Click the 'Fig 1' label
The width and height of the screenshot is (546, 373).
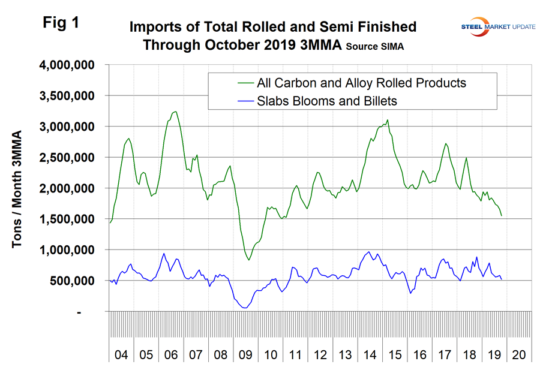[x=61, y=23]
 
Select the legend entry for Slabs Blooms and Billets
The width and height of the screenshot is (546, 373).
[x=326, y=101]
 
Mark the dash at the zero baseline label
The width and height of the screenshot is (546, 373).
[x=80, y=312]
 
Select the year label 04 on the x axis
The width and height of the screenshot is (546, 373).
[x=121, y=354]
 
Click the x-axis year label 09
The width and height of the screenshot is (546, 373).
[x=245, y=354]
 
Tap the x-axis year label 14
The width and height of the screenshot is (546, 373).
[x=369, y=354]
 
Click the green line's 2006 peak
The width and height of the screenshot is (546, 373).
[x=175, y=112]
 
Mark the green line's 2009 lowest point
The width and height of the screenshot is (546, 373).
[x=249, y=260]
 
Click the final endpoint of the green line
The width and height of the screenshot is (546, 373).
[x=502, y=215]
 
